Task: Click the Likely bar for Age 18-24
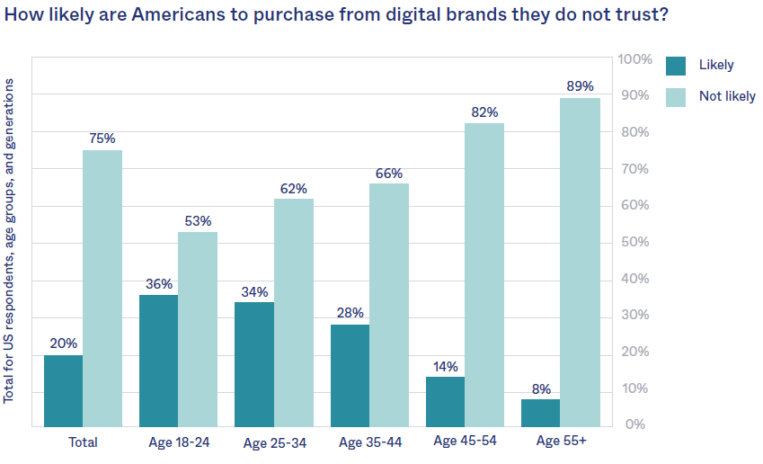(158, 361)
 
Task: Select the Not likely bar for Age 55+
(580, 262)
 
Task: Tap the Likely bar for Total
(63, 390)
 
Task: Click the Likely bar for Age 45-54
(445, 401)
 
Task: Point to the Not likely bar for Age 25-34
(293, 312)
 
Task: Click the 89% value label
(580, 86)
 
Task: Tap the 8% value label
(541, 388)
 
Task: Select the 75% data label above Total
(102, 138)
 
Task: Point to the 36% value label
(158, 283)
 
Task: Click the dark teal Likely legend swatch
(676, 65)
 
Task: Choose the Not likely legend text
(727, 96)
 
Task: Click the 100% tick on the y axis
(635, 59)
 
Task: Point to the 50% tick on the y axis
(635, 242)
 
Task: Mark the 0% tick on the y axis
(635, 424)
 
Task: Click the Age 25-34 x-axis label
(274, 442)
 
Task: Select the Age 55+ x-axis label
(561, 441)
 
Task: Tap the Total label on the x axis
(83, 442)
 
